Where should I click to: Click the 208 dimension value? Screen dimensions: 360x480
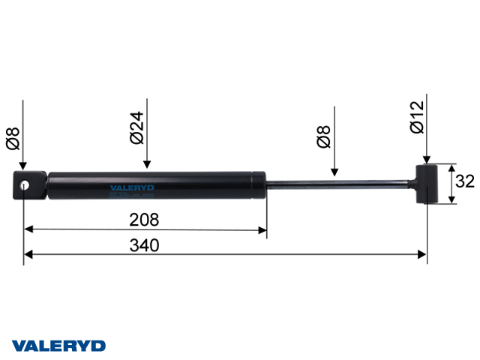[x=145, y=220]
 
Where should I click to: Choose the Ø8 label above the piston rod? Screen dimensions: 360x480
[x=324, y=137]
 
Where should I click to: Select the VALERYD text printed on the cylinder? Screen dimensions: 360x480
[x=132, y=189]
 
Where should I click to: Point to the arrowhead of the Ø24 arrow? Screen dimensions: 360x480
[x=148, y=164]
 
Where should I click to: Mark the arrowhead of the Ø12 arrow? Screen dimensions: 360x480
[x=426, y=159]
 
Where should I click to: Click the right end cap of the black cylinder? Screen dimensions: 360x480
[x=259, y=185]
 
